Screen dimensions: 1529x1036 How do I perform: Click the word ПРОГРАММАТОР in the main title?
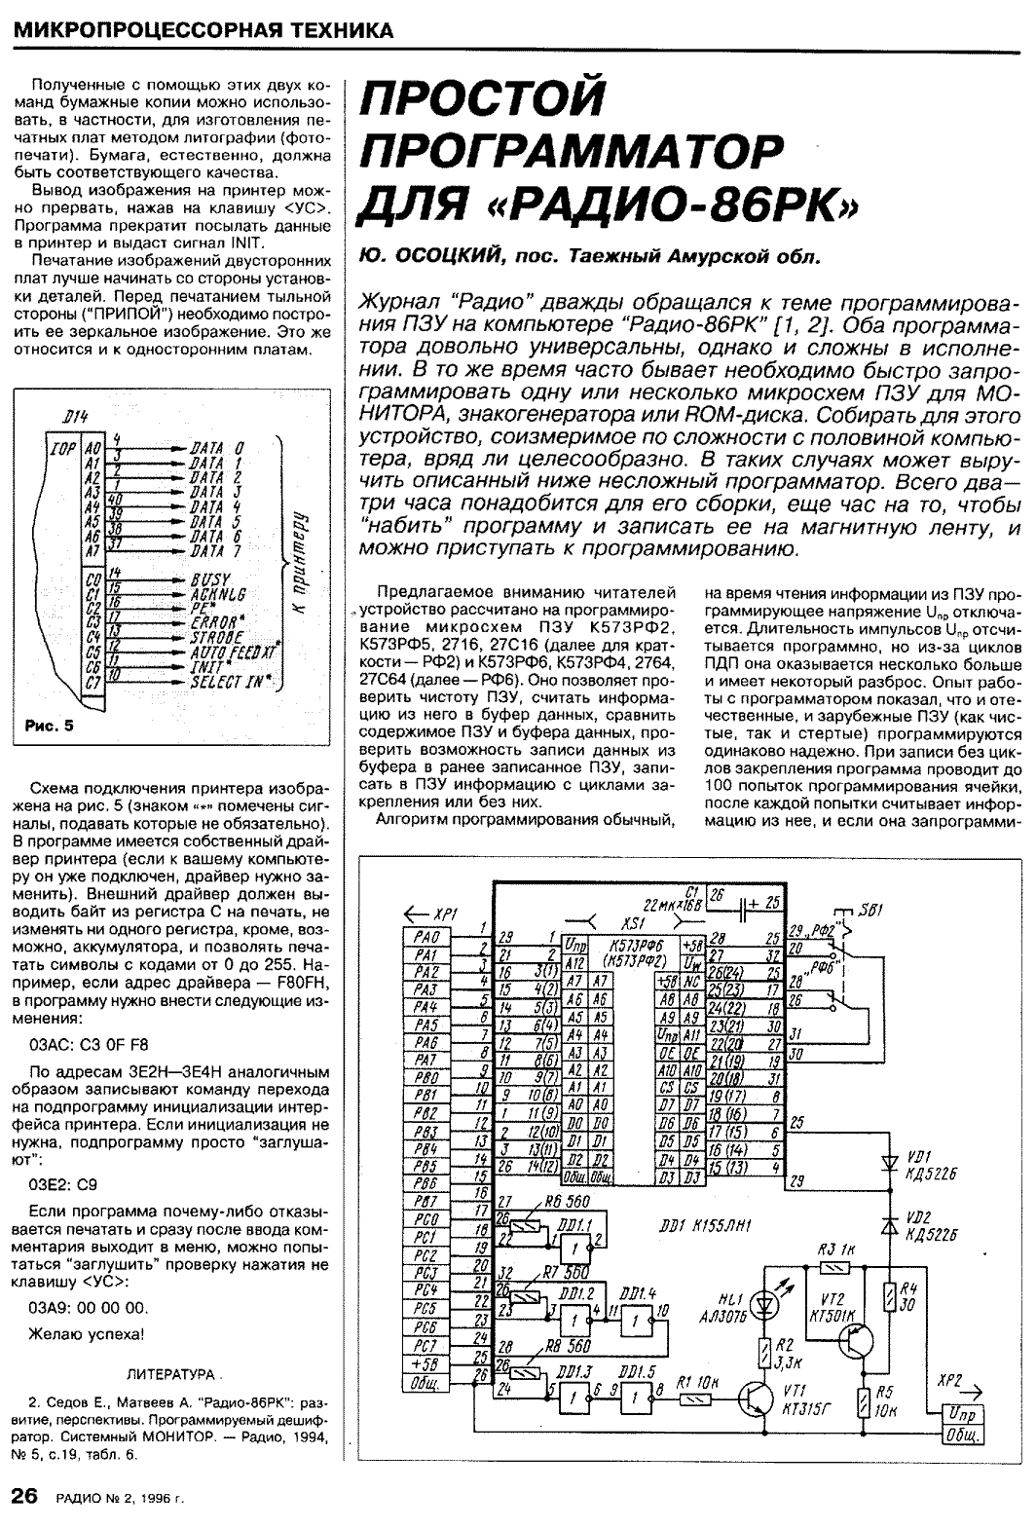coord(572,151)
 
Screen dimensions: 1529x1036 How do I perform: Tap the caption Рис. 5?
coord(50,725)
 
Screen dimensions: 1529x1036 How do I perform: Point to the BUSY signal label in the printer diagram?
coord(210,578)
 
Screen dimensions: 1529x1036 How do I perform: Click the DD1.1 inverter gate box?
coord(578,1245)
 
